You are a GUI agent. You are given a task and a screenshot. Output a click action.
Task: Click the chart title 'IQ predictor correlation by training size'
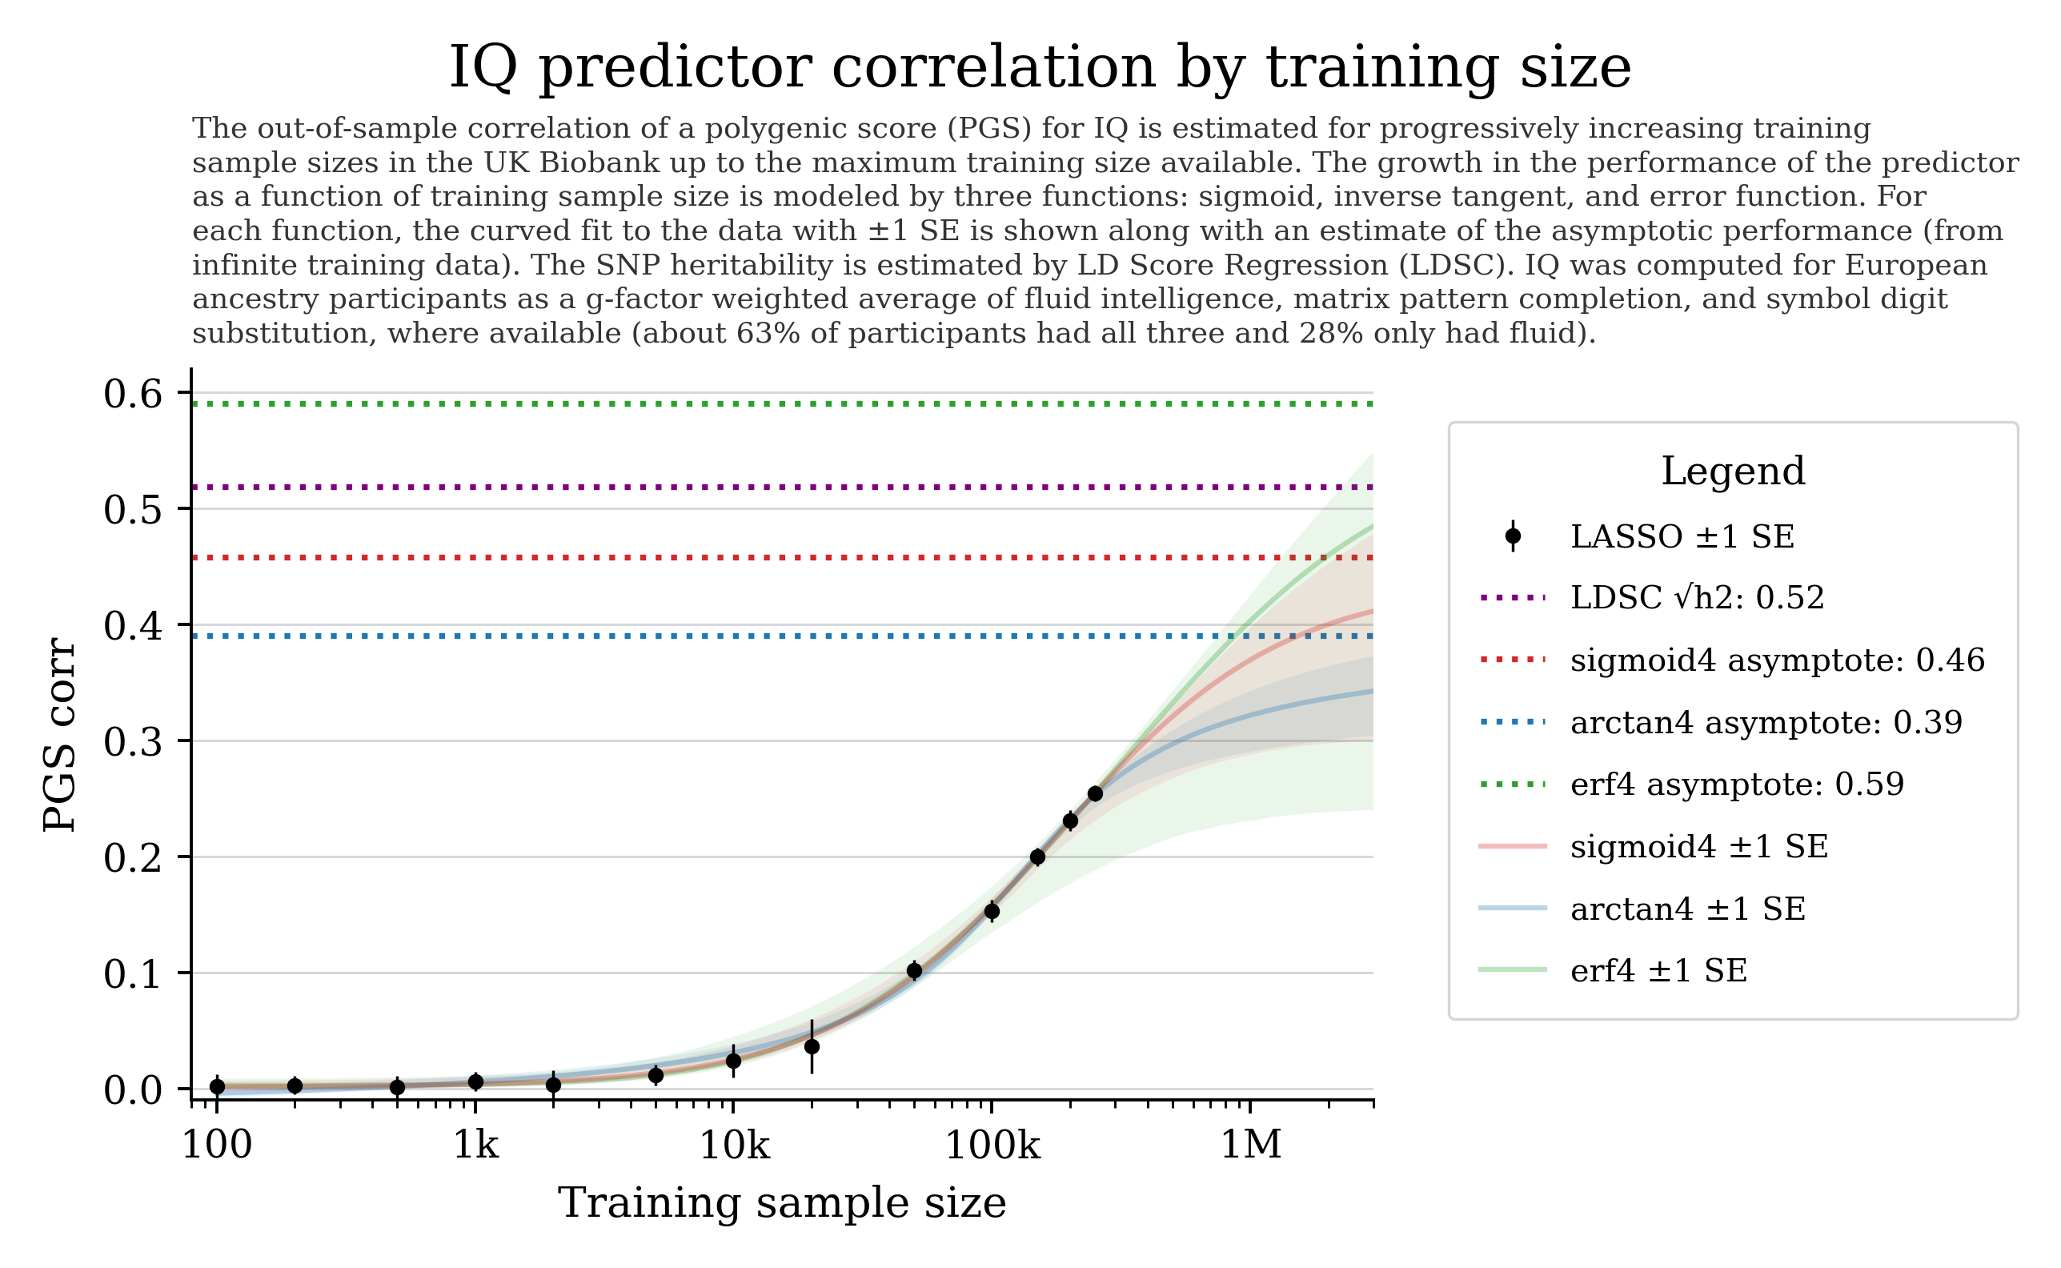click(1039, 67)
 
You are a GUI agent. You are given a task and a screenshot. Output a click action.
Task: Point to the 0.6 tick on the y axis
click(133, 393)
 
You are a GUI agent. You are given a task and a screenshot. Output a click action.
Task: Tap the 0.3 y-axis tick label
click(133, 741)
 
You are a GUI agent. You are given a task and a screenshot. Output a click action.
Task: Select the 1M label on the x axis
click(1250, 1144)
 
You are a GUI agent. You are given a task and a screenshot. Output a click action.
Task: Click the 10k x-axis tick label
click(734, 1144)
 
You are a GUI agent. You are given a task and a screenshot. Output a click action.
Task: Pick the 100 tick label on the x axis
click(216, 1144)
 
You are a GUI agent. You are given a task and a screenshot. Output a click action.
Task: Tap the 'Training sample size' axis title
click(781, 1202)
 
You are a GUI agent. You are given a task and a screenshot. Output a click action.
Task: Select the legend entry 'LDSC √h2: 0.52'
click(1696, 598)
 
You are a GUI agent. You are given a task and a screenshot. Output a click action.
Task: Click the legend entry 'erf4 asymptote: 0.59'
click(1737, 784)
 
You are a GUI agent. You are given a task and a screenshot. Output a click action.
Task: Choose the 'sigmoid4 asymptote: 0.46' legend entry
click(1777, 660)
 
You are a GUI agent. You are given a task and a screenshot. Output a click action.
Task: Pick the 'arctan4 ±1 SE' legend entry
click(1687, 909)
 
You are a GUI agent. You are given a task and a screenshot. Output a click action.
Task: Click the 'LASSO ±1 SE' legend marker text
click(1681, 536)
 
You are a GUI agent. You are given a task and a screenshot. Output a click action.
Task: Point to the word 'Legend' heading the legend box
click(1732, 471)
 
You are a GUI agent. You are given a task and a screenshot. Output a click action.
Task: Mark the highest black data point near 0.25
click(1094, 793)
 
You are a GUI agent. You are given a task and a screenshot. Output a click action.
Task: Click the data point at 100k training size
click(991, 911)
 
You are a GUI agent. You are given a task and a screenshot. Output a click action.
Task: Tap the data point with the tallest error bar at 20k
click(811, 1046)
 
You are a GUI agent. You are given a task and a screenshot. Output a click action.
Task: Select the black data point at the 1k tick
click(475, 1081)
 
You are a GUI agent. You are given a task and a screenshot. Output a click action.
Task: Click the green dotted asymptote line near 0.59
click(755, 404)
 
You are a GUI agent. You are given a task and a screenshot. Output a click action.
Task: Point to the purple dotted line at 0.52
click(755, 488)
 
